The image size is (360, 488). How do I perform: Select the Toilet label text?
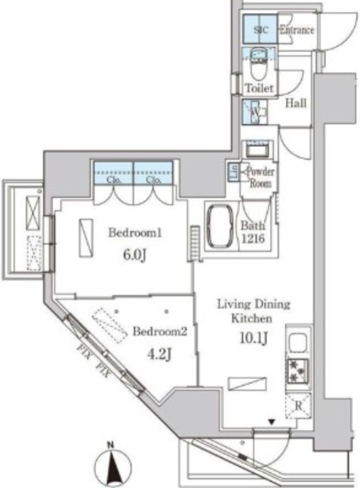point(258,88)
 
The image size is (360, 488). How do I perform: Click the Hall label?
point(296,103)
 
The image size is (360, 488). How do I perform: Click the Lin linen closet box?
point(233,172)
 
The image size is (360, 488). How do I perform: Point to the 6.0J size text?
point(129,255)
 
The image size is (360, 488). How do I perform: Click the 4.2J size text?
point(158,355)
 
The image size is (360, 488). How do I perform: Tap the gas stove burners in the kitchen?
point(296,372)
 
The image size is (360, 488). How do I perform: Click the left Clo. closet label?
point(114,181)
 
